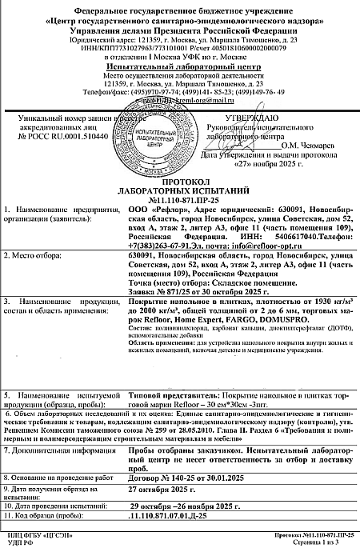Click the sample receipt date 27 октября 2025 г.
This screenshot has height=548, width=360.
tap(163, 488)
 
